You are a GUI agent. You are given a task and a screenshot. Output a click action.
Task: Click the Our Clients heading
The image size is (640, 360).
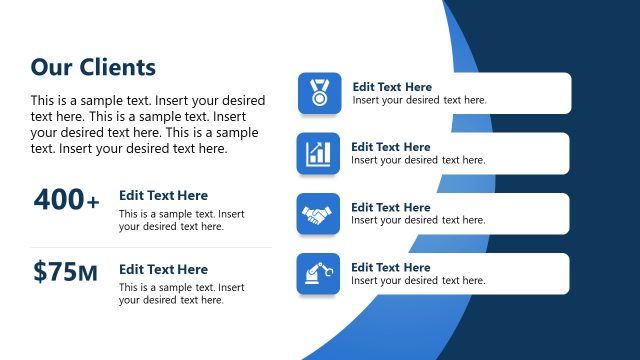pyautogui.click(x=93, y=67)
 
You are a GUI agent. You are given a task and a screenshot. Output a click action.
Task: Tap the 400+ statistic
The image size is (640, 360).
pyautogui.click(x=66, y=200)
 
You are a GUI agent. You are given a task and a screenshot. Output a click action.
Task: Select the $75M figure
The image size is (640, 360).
pyautogui.click(x=65, y=271)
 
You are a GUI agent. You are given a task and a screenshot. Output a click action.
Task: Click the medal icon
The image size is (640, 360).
pyautogui.click(x=319, y=93)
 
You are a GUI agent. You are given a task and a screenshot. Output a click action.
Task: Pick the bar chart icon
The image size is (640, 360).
pyautogui.click(x=318, y=153)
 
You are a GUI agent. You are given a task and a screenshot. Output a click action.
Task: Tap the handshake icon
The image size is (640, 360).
pyautogui.click(x=318, y=214)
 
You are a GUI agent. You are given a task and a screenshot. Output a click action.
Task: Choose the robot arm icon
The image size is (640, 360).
pyautogui.click(x=318, y=273)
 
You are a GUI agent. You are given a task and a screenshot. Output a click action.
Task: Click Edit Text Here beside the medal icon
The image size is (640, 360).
pyautogui.click(x=392, y=87)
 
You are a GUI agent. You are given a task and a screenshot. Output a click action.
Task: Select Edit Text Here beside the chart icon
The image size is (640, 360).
pyautogui.click(x=391, y=147)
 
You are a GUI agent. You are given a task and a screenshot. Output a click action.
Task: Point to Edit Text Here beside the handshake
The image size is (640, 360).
pyautogui.click(x=391, y=207)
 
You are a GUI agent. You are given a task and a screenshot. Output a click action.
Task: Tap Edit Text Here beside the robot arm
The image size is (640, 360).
pyautogui.click(x=391, y=267)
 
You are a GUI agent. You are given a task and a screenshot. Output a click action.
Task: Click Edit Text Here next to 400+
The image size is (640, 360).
pyautogui.click(x=163, y=196)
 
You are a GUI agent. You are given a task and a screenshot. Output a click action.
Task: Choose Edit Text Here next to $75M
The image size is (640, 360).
pyautogui.click(x=163, y=269)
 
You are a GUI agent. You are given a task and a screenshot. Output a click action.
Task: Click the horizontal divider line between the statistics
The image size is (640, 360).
pyautogui.click(x=150, y=247)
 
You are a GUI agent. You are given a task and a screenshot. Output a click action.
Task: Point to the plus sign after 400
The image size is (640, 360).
pyautogui.click(x=93, y=203)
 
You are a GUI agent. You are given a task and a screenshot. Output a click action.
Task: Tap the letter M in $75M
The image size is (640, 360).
pyautogui.click(x=88, y=273)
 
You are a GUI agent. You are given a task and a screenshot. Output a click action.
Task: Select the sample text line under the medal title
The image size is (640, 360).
pyautogui.click(x=419, y=100)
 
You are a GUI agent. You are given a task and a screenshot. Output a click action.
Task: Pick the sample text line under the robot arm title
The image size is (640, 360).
pyautogui.click(x=418, y=281)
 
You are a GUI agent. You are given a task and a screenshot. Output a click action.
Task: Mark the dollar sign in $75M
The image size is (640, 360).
pyautogui.click(x=39, y=271)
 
